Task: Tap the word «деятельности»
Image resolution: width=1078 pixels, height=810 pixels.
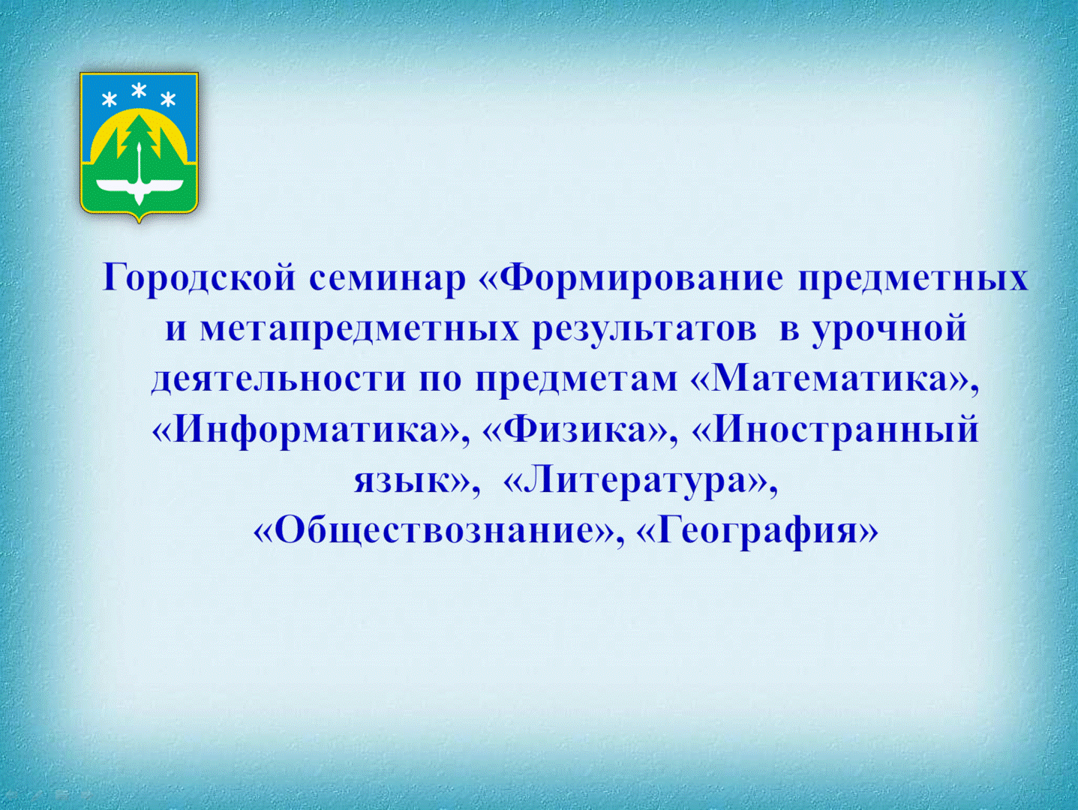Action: tap(278, 382)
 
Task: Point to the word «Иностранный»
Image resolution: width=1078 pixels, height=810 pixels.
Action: tap(846, 430)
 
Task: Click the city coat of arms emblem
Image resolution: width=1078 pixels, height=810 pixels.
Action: tap(139, 147)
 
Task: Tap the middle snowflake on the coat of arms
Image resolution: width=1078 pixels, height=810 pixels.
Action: tap(140, 91)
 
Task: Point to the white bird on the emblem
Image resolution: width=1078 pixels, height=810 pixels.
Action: tap(140, 184)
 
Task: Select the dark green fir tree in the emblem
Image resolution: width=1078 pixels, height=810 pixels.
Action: tap(140, 133)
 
